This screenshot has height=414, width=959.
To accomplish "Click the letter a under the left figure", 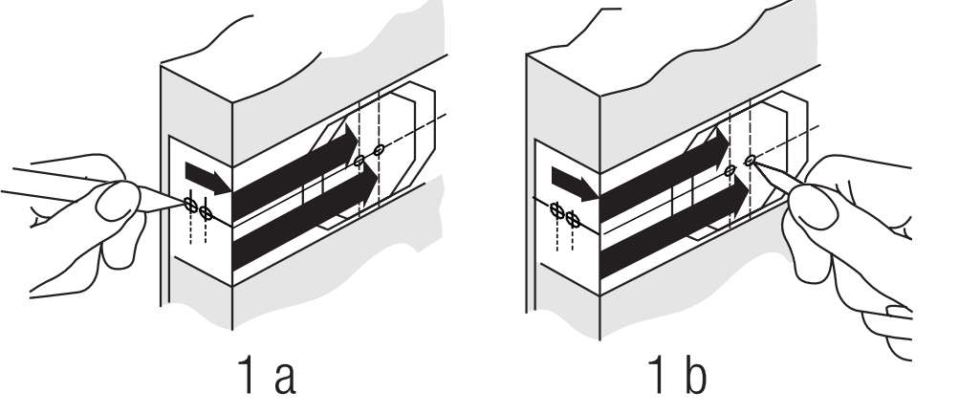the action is pos(286,380).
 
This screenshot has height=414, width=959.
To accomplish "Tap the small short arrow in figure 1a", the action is pos(207,178).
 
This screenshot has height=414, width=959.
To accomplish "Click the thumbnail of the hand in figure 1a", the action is pos(117,202).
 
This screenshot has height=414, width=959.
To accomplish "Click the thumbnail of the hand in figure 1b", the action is pos(814,207).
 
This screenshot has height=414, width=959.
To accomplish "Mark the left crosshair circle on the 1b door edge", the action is pos(557,210).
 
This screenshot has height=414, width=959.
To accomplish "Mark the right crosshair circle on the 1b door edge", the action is pos(573,219).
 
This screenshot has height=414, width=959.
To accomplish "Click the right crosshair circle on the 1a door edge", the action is pos(206,213).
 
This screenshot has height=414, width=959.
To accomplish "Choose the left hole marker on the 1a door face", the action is pos(359,161).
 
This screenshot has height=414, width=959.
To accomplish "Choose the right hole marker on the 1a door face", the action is pos(379,150).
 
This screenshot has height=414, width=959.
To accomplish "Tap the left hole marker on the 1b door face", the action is pos(730,171).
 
